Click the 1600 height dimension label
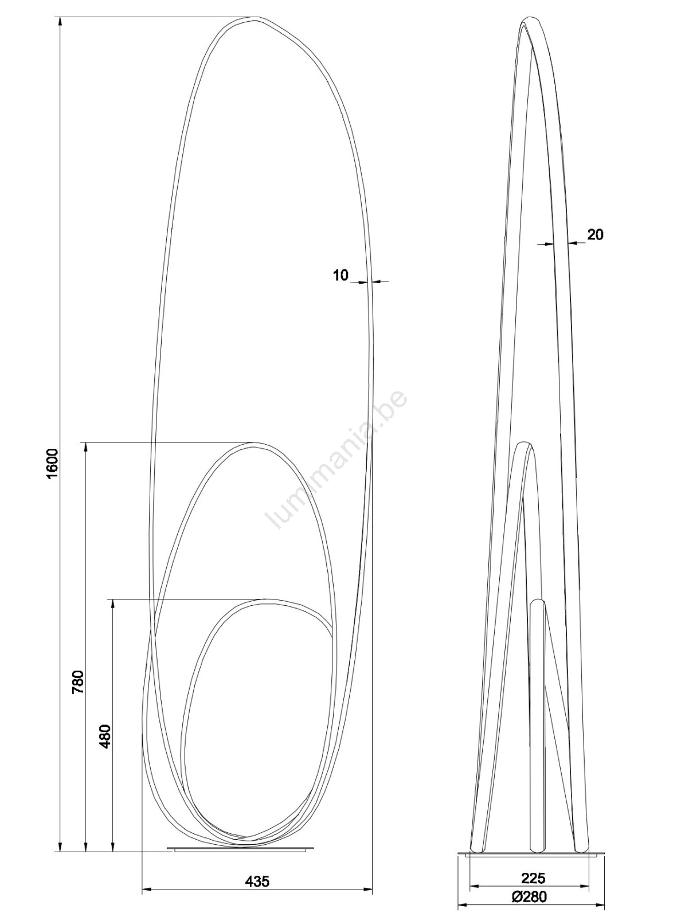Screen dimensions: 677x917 53,464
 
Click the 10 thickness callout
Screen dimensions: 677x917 341,275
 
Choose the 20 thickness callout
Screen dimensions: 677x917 595,235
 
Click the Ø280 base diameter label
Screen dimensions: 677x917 529,893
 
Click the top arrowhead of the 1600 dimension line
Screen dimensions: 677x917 60,23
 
